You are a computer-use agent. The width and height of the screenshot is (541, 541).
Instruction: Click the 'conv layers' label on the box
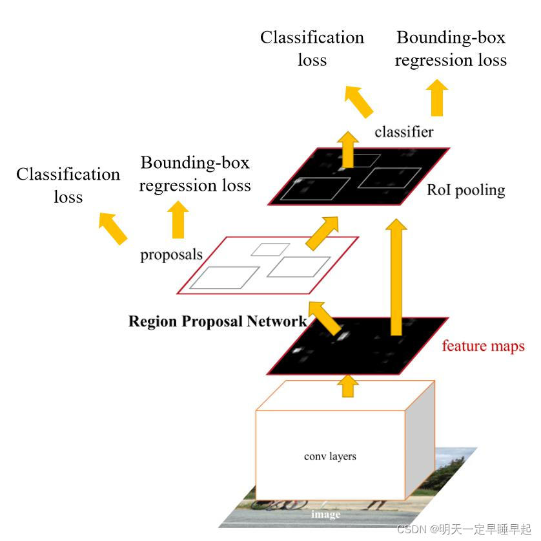pos(330,456)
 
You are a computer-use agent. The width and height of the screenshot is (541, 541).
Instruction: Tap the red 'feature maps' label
pos(483,346)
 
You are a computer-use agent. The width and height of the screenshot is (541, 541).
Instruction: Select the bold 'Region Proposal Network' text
pos(218,321)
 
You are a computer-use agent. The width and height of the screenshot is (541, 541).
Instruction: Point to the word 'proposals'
pos(171,255)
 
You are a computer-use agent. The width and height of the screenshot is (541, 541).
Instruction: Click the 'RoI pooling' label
pos(465,190)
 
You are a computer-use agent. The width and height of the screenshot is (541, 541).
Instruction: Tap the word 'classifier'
pos(404,132)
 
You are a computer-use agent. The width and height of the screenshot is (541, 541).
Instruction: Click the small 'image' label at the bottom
pos(325,514)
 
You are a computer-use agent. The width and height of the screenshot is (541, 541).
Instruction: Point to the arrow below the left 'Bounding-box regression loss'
pos(178,220)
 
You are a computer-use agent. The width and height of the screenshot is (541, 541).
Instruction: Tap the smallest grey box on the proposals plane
pos(270,249)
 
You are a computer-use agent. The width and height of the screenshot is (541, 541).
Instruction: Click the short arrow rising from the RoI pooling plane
pos(349,148)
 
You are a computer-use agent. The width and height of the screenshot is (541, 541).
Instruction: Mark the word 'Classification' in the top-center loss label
pos(312,37)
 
